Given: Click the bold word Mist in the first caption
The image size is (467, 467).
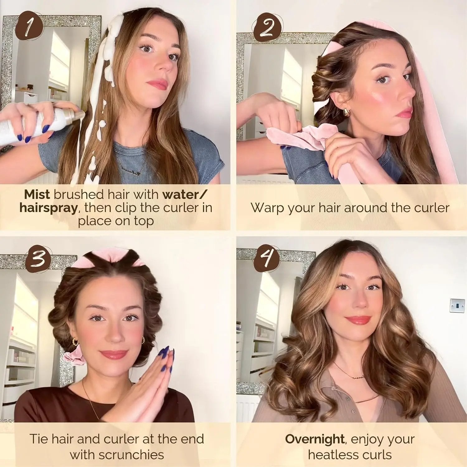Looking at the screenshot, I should pos(37,195).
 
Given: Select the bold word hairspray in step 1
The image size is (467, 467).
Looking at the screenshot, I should pos(48,208).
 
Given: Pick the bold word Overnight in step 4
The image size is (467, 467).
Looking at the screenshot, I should pos(314,439).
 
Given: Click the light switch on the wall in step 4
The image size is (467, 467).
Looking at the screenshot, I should pos(457,305).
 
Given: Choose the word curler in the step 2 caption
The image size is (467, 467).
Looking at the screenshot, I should pos(432,208).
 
